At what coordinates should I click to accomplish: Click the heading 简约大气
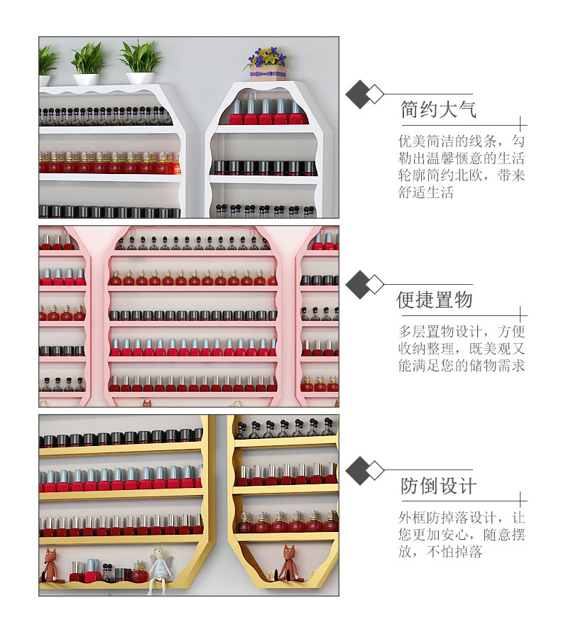[x=438, y=110]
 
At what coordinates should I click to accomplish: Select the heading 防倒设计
[x=438, y=487]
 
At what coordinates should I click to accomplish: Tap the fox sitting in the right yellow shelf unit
[x=287, y=562]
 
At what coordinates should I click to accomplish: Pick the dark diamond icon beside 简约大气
[x=359, y=94]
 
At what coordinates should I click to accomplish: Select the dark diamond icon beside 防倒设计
[x=359, y=471]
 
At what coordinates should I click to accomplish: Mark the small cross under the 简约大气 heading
[x=521, y=124]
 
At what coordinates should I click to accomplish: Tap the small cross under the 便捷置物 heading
[x=521, y=313]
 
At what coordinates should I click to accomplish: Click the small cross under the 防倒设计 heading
[x=521, y=500]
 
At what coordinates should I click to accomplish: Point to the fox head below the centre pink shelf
[x=147, y=403]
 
